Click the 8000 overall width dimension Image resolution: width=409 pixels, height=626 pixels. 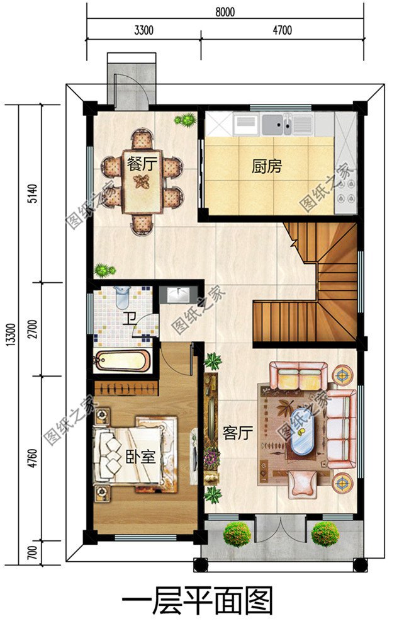pos(225,11)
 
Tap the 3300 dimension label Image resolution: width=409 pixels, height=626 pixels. pos(143,30)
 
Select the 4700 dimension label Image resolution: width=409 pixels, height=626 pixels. pos(282,30)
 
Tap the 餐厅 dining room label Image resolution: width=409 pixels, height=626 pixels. pos(142,164)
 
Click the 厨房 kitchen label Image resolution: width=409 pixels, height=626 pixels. pos(267,166)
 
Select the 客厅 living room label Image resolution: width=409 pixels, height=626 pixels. pos(238,433)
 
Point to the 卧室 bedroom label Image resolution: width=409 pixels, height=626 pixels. pos(140,457)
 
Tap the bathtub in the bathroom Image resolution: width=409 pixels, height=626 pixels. pos(121,360)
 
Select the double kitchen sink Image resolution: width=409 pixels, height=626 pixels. pos(277,124)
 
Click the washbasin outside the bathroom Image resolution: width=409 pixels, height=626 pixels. pos(178,295)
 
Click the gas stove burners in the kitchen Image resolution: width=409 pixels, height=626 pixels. pos(345,191)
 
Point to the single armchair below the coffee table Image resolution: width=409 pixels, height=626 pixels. pos(302,484)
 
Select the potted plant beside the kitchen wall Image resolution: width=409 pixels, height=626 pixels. pos(186,120)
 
